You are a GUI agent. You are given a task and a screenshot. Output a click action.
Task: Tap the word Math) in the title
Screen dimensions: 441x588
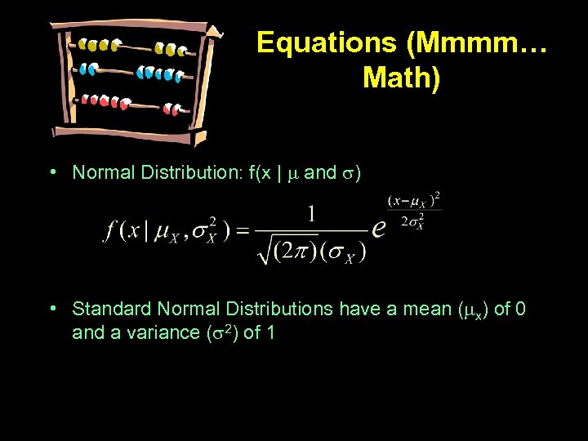click(401, 78)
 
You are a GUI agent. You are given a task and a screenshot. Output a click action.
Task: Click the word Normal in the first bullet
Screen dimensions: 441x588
click(101, 172)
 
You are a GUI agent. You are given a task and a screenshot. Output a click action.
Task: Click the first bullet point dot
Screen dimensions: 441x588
click(51, 172)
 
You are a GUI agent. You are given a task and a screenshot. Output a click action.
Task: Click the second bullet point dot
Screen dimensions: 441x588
click(51, 309)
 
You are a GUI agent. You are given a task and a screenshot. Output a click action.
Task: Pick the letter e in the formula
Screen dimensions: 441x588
click(378, 228)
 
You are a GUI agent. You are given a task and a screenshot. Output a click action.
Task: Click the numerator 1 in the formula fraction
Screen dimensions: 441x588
click(311, 215)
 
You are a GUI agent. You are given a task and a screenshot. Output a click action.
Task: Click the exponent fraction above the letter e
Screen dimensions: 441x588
click(416, 211)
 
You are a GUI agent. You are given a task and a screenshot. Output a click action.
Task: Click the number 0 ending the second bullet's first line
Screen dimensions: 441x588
click(521, 309)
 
